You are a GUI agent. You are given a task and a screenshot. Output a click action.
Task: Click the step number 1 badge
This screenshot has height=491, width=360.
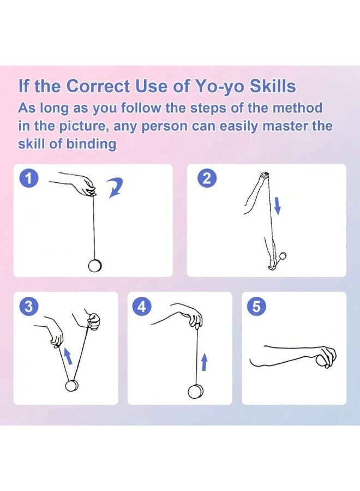pos(28,179)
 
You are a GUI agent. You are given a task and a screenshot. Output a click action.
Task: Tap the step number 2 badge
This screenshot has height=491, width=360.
pos(206,179)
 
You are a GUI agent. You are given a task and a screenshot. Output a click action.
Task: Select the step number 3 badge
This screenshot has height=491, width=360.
pos(28,307)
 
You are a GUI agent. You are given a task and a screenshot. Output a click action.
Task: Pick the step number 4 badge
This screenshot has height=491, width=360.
pos(142,307)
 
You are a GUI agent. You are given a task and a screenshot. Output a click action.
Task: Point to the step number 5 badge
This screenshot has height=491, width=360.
pos(257,307)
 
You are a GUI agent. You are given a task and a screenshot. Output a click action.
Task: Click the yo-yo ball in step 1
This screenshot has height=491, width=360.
pos(94,266)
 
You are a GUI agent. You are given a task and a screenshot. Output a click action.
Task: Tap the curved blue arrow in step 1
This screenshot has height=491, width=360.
pos(114,188)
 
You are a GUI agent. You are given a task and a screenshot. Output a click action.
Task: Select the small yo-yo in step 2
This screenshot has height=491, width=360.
pos(283,256)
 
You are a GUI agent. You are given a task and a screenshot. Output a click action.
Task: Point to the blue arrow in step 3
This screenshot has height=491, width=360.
pos(68,356)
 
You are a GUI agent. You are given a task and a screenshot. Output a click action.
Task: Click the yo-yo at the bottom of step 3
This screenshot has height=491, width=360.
pos(73,386)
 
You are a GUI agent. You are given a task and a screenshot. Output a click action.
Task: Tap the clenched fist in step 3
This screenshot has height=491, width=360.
pos(93,321)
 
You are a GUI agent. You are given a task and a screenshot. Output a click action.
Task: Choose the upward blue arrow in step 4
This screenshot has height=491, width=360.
pos(204,361)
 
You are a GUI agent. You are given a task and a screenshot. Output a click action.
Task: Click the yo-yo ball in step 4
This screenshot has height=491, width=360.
pos(196,391)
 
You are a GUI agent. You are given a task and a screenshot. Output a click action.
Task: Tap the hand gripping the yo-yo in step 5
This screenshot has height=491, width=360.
pos(326,357)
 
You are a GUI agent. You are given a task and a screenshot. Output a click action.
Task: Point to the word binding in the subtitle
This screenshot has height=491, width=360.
pos(91,145)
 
